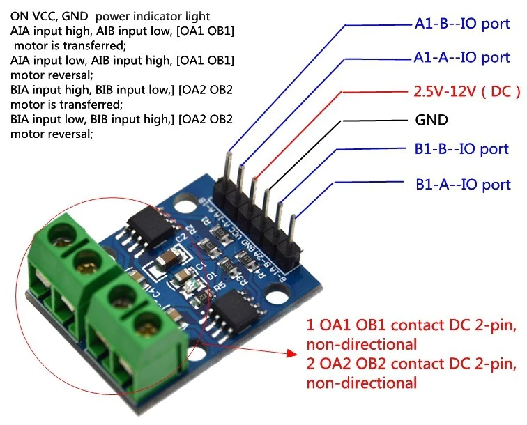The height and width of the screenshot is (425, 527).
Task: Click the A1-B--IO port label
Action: coord(462,24)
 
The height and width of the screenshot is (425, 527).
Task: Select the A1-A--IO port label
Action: coord(462,57)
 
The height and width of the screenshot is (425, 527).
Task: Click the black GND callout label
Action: coord(431,120)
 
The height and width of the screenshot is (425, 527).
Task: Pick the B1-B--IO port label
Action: coord(462,149)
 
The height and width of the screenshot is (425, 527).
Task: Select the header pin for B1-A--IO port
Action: coord(293,212)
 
